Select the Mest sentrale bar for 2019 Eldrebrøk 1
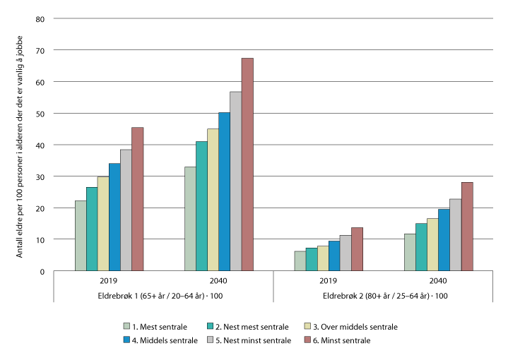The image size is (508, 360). [x=81, y=236]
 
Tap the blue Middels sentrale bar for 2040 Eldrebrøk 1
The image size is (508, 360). [x=224, y=191]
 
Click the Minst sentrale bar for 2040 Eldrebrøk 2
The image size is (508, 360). [x=466, y=227]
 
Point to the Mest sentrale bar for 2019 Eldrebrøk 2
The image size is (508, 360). [x=300, y=261]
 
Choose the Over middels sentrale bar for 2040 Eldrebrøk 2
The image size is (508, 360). [x=432, y=244]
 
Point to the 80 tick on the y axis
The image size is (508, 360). [x=40, y=18]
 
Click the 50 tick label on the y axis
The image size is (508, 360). [x=40, y=113]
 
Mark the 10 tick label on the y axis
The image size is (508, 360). [x=40, y=240]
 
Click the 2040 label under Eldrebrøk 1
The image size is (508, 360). [x=218, y=280]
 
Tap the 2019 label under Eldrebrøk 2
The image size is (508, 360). [x=328, y=280]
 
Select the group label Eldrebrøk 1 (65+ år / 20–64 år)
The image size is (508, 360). [x=164, y=295]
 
